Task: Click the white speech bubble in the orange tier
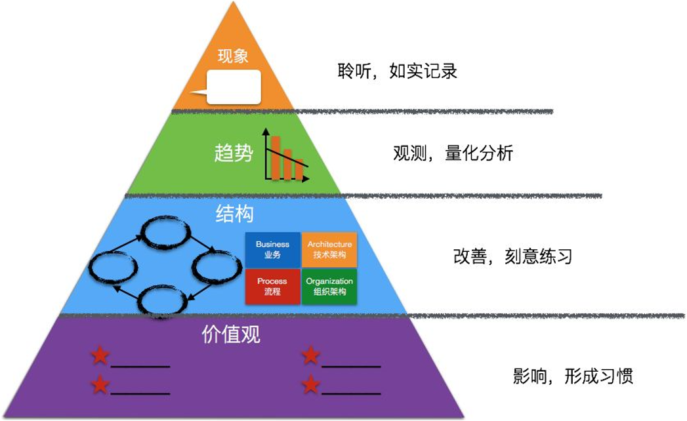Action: [233, 87]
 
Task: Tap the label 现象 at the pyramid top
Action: [233, 56]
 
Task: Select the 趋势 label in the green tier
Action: [233, 154]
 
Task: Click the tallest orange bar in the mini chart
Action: [276, 157]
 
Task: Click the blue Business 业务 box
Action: [272, 249]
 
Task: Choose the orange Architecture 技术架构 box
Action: [329, 249]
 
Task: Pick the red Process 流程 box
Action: [272, 287]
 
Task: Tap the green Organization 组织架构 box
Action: [329, 287]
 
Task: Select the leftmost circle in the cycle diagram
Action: [113, 268]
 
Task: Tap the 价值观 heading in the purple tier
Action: [230, 334]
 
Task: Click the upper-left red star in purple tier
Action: [100, 356]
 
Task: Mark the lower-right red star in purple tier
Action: [310, 384]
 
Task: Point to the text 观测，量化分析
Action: [453, 153]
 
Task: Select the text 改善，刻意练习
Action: [512, 256]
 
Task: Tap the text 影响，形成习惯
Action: [573, 376]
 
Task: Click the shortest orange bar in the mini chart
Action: [299, 169]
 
